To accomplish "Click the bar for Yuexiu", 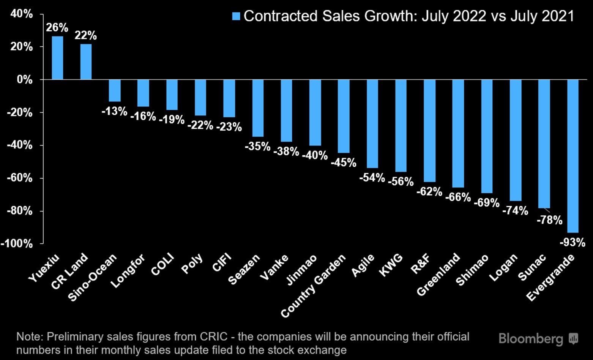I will click(x=57, y=58).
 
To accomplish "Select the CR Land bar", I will click(x=86, y=62).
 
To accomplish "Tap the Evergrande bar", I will click(x=572, y=156).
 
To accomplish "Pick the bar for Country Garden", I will click(x=344, y=116).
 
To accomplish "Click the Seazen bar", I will click(x=258, y=108).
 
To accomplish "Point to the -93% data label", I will click(x=572, y=242).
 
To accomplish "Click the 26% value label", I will click(x=57, y=28).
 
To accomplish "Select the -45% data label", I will click(x=344, y=163).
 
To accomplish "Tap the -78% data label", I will click(x=549, y=220).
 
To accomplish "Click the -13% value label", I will click(x=115, y=111).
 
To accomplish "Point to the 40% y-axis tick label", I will click(x=22, y=14).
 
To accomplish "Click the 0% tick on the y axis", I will click(x=25, y=80).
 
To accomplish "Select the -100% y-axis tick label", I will click(x=17, y=243).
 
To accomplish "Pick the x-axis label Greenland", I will click(x=438, y=275).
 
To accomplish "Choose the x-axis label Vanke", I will click(x=274, y=268).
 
